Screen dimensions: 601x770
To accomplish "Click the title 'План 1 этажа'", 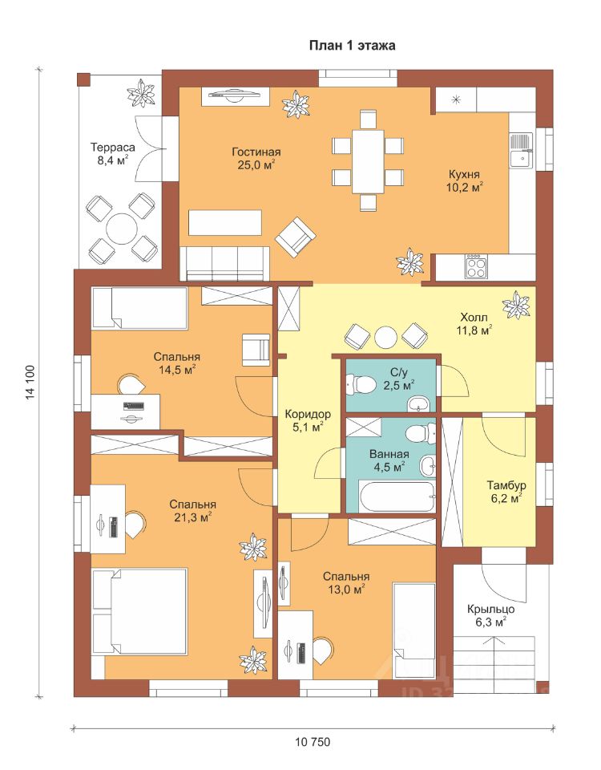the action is [352, 46].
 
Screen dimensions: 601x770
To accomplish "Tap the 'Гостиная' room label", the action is [256, 152].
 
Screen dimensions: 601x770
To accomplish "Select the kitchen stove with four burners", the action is [474, 266].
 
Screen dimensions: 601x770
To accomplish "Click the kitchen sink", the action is [521, 150].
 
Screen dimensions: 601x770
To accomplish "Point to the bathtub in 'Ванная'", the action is [397, 497].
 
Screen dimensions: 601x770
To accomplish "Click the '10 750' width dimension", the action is [313, 741].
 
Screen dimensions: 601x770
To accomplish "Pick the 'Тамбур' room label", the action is [506, 486].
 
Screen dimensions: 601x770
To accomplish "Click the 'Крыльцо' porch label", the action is [490, 610].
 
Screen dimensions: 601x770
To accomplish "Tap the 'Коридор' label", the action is [308, 414].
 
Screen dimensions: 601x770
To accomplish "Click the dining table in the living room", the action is [368, 161].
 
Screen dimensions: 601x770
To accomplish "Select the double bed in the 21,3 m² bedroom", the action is [139, 611].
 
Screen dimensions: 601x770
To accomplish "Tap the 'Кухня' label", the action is [464, 174].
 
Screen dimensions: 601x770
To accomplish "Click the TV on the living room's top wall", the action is [235, 95].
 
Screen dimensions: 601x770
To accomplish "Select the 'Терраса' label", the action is [113, 148].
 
